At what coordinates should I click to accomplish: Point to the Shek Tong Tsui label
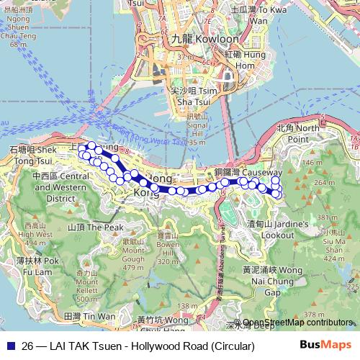coord(33,153)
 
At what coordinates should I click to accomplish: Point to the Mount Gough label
coord(133,255)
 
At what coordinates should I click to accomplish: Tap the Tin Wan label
coord(89,316)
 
